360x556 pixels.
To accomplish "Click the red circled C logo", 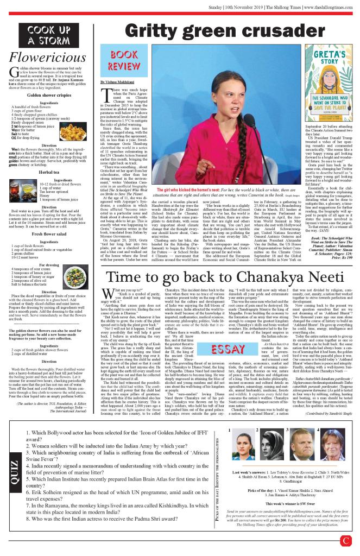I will tap(346, 541).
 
